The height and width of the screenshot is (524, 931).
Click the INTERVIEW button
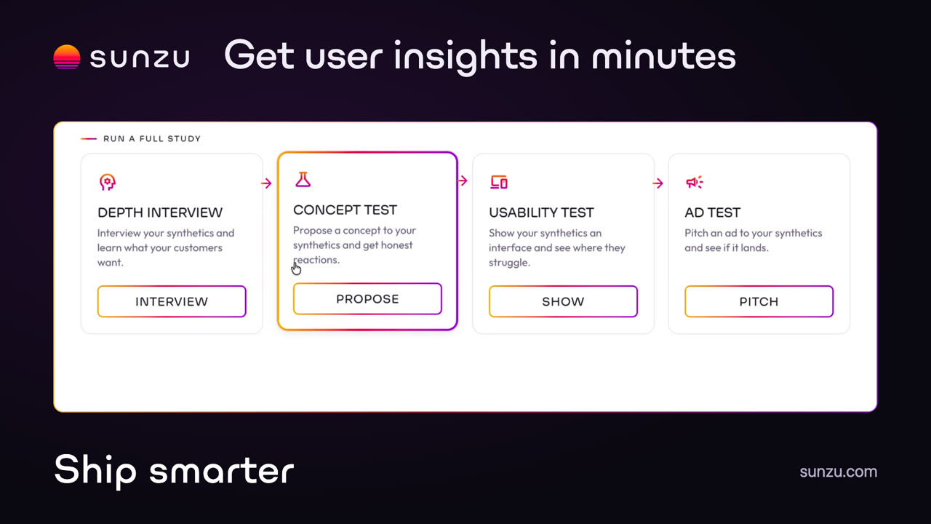[172, 301]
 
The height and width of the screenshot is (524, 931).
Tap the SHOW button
[563, 301]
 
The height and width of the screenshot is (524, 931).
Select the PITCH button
[759, 301]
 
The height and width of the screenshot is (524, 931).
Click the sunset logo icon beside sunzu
[66, 57]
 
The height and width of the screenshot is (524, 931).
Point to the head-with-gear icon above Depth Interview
[107, 182]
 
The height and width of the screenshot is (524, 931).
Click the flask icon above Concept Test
[303, 180]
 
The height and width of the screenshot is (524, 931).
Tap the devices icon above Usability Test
[499, 182]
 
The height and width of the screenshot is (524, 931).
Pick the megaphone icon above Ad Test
[695, 182]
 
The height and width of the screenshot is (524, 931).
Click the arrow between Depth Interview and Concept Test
[266, 183]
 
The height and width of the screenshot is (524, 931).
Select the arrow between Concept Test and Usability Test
[462, 181]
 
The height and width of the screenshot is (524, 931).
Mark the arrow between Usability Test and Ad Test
[658, 183]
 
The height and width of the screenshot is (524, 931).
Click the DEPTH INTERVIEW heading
[160, 213]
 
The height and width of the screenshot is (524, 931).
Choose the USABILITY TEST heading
[541, 213]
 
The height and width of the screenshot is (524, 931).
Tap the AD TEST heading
[712, 213]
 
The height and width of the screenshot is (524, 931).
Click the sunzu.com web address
[839, 472]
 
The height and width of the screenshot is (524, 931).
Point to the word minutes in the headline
[664, 57]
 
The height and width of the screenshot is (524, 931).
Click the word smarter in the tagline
[222, 471]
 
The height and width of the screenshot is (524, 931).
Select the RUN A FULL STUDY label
[152, 138]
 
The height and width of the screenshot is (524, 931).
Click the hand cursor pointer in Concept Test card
[296, 269]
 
